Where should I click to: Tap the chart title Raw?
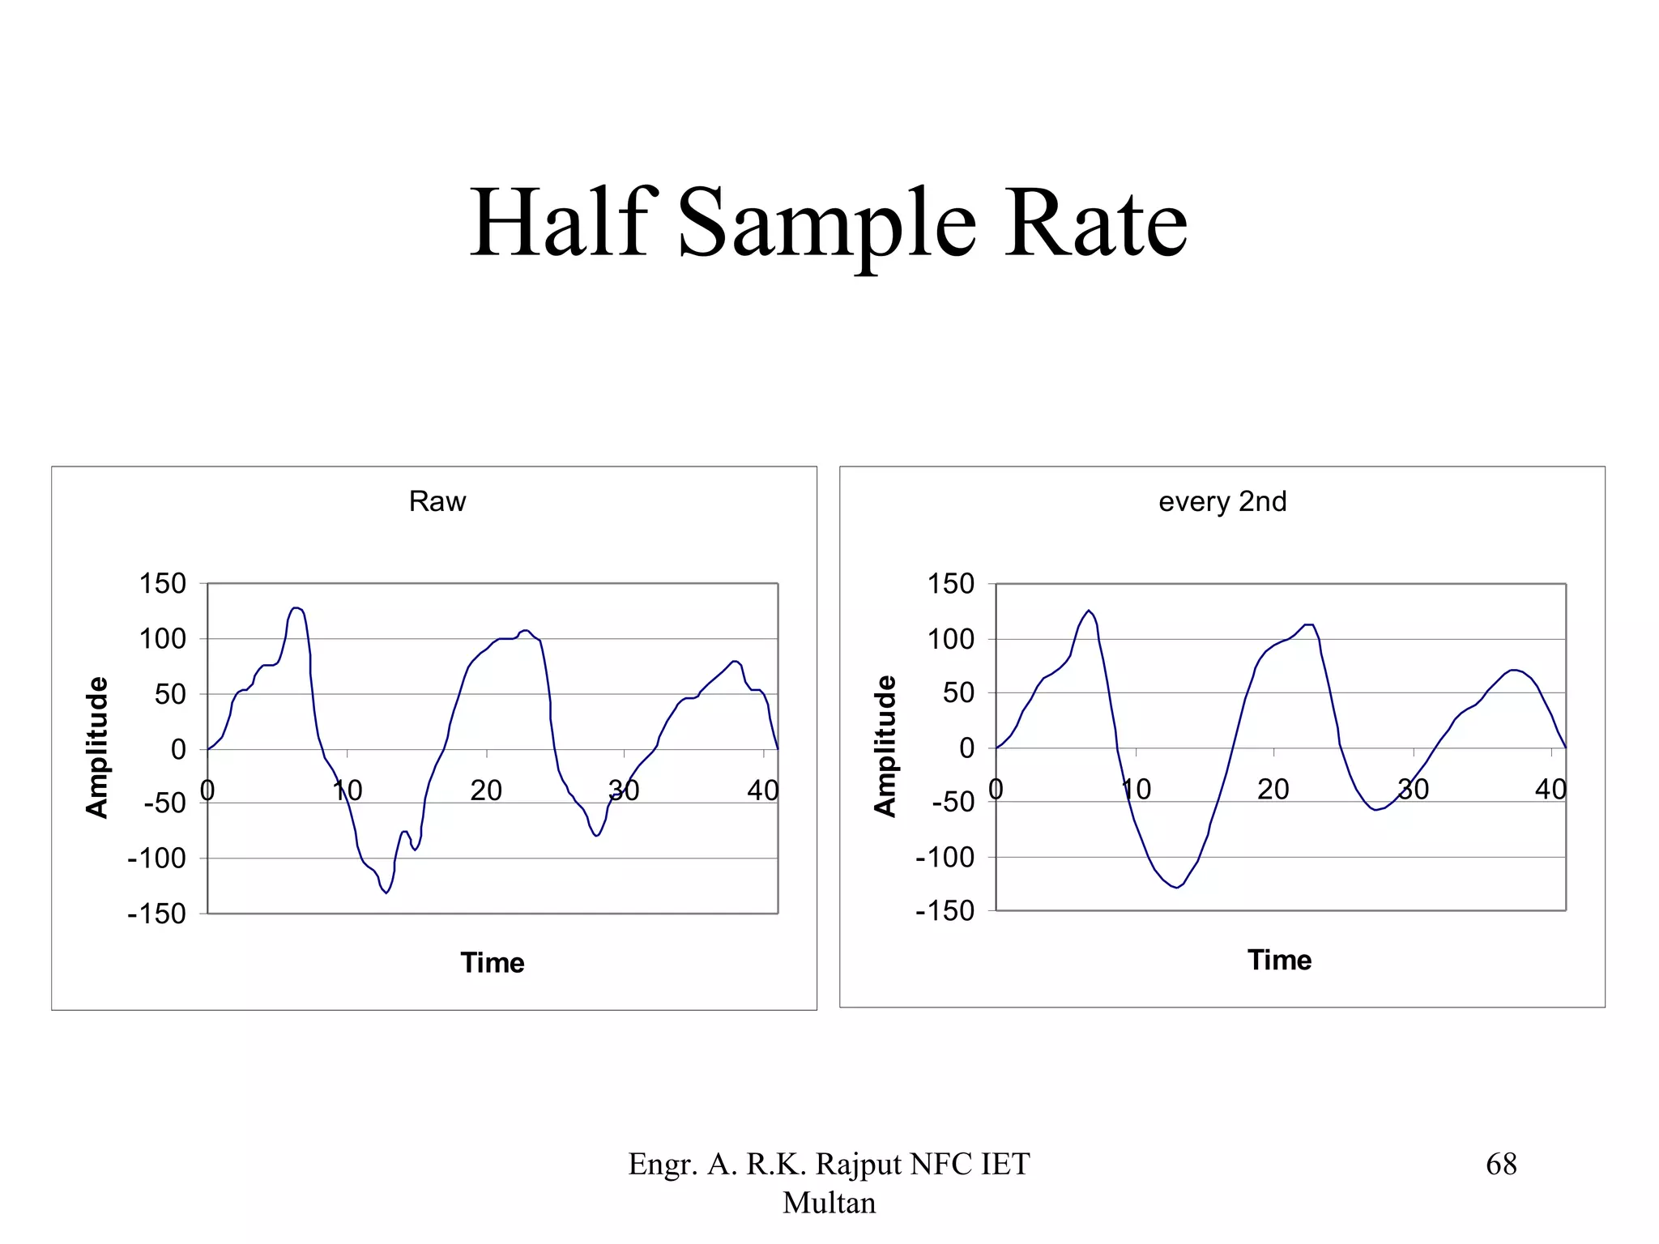click(437, 501)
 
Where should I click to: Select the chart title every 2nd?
click(1222, 501)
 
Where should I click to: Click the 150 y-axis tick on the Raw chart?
click(162, 583)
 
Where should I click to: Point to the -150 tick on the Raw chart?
click(156, 914)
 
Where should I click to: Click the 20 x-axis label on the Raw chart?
click(486, 790)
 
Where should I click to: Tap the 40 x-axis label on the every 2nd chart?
click(1550, 789)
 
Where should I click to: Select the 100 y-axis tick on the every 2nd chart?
click(950, 639)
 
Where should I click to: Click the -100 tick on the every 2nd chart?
click(945, 857)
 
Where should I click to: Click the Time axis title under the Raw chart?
click(492, 962)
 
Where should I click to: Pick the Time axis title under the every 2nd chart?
click(1279, 960)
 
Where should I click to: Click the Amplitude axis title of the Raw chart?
click(96, 747)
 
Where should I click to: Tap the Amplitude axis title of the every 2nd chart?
click(885, 746)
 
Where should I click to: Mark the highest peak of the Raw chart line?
click(296, 607)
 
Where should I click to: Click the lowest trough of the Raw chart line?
click(386, 893)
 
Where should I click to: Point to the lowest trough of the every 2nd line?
click(1177, 888)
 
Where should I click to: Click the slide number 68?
click(1501, 1164)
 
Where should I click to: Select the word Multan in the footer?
click(829, 1203)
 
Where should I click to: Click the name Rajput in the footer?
click(859, 1164)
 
